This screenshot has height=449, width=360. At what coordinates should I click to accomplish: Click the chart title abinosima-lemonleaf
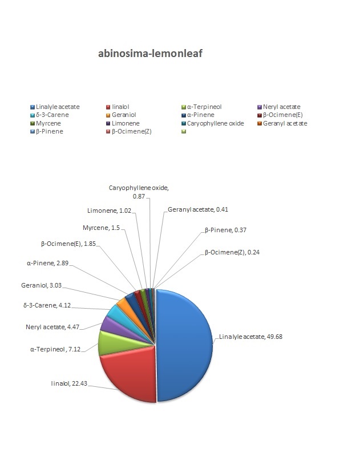click(151, 54)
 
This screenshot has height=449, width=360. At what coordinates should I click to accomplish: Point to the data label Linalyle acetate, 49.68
click(250, 337)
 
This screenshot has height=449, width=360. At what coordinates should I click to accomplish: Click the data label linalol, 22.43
click(69, 383)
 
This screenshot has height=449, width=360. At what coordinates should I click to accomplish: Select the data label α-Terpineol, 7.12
click(55, 349)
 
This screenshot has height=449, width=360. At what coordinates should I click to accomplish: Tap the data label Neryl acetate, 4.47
click(52, 327)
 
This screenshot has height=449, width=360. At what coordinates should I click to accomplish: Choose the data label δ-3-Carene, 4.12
click(47, 305)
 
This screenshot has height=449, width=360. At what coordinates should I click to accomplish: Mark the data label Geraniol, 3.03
click(41, 285)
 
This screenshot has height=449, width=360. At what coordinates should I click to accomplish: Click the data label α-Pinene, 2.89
click(47, 263)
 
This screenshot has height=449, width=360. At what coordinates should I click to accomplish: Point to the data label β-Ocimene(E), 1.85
click(68, 244)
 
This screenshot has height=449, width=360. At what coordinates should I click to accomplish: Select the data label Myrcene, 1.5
click(101, 228)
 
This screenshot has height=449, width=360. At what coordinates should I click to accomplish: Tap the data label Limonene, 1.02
click(109, 211)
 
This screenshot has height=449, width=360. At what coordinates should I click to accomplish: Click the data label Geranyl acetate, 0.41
click(198, 209)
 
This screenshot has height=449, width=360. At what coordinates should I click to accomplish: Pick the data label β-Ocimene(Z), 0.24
click(232, 253)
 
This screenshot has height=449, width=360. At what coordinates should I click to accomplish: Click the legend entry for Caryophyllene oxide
click(213, 123)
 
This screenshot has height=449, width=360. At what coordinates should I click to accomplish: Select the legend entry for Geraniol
click(121, 115)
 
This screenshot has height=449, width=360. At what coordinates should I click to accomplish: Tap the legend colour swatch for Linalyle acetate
click(33, 107)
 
